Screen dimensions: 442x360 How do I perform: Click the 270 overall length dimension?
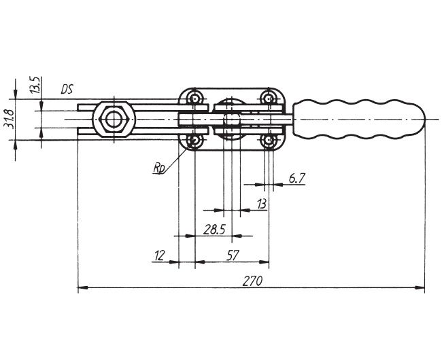pyautogui.click(x=252, y=281)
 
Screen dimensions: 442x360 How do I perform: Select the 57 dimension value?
pyautogui.click(x=233, y=255)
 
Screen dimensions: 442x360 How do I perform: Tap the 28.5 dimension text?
pyautogui.click(x=214, y=230)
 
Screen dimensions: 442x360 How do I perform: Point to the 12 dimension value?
pyautogui.click(x=160, y=255)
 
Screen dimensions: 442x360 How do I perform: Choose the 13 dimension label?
pyautogui.click(x=262, y=204)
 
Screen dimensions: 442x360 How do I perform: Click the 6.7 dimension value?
pyautogui.click(x=297, y=179)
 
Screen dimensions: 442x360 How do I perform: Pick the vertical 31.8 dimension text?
pyautogui.click(x=10, y=119)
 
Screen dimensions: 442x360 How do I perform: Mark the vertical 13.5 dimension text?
pyautogui.click(x=35, y=85)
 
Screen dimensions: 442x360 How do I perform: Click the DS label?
pyautogui.click(x=67, y=89)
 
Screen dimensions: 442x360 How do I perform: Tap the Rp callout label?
pyautogui.click(x=158, y=168)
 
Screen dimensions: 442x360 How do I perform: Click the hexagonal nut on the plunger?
pyautogui.click(x=114, y=120)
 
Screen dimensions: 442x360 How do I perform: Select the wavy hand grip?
pyautogui.click(x=358, y=120)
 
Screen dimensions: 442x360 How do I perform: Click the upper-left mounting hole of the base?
pyautogui.click(x=194, y=98)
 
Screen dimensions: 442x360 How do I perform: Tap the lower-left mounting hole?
pyautogui.click(x=194, y=140)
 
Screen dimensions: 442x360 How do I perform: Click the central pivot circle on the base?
pyautogui.click(x=232, y=120)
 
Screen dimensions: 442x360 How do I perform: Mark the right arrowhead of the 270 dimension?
pyautogui.click(x=420, y=288)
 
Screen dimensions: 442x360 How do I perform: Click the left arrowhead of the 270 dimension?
pyautogui.click(x=83, y=288)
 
